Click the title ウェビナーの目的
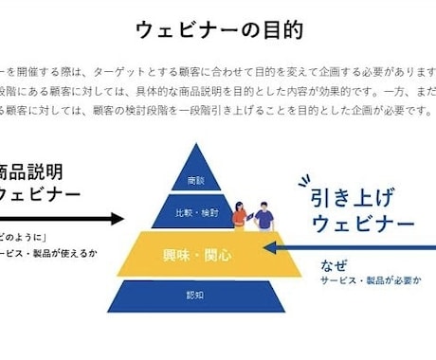click(220, 30)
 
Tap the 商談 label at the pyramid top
click(197, 179)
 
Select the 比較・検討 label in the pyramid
click(197, 213)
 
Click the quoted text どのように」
click(27, 238)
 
